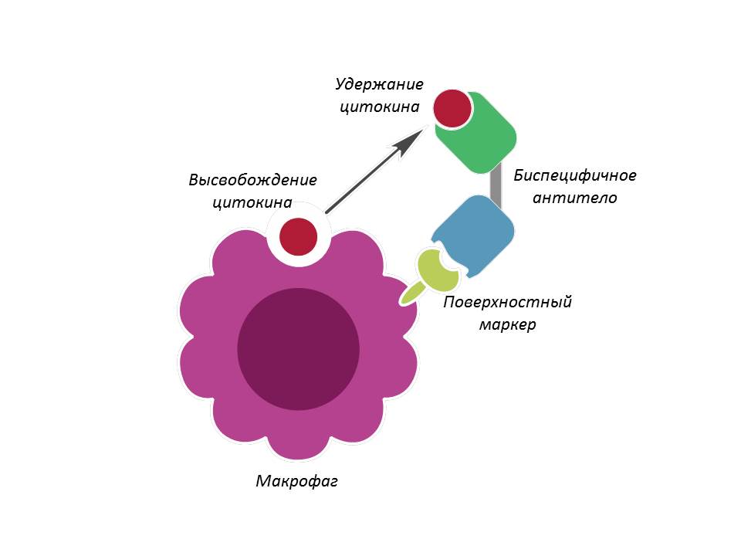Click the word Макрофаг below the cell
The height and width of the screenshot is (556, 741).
297,482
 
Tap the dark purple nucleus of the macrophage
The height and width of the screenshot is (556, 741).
298,348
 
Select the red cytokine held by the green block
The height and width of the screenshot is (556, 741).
452,108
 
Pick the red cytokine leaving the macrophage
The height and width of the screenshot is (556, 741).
298,236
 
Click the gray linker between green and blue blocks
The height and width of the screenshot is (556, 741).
496,186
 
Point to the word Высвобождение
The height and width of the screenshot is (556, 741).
253,181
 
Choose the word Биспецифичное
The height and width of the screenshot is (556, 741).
575,175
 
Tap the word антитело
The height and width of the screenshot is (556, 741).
575,198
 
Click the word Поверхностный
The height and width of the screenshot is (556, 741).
507,302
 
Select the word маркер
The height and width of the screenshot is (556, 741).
507,324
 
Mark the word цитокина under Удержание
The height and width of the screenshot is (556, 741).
380,107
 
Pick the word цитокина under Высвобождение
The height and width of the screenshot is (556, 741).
253,203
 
